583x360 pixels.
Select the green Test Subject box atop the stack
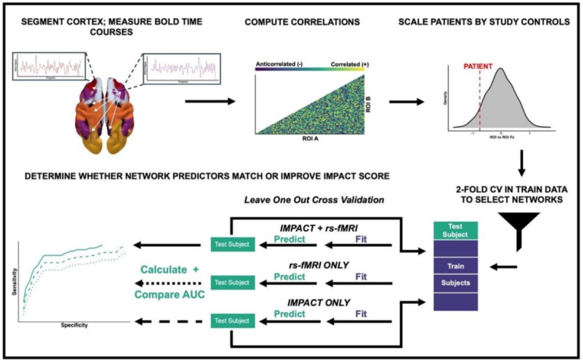click(455, 229)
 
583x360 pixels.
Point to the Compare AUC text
click(163, 288)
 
